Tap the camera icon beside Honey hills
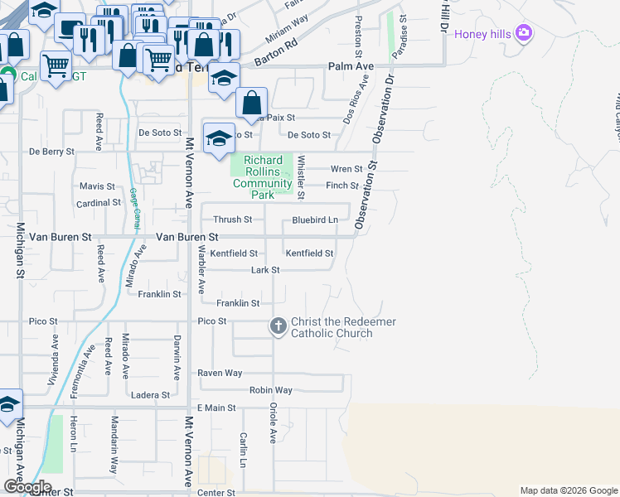click(x=523, y=33)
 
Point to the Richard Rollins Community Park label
click(x=263, y=177)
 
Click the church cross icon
click(x=278, y=327)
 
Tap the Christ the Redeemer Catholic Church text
click(x=343, y=327)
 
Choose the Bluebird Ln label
click(x=315, y=220)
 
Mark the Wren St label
click(x=346, y=169)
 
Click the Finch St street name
click(x=342, y=186)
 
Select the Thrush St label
click(x=232, y=220)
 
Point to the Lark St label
click(x=265, y=270)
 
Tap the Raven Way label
click(x=220, y=374)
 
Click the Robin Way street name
click(x=271, y=390)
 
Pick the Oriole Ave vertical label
click(x=273, y=422)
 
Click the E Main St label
click(x=216, y=408)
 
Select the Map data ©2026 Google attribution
click(x=568, y=490)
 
